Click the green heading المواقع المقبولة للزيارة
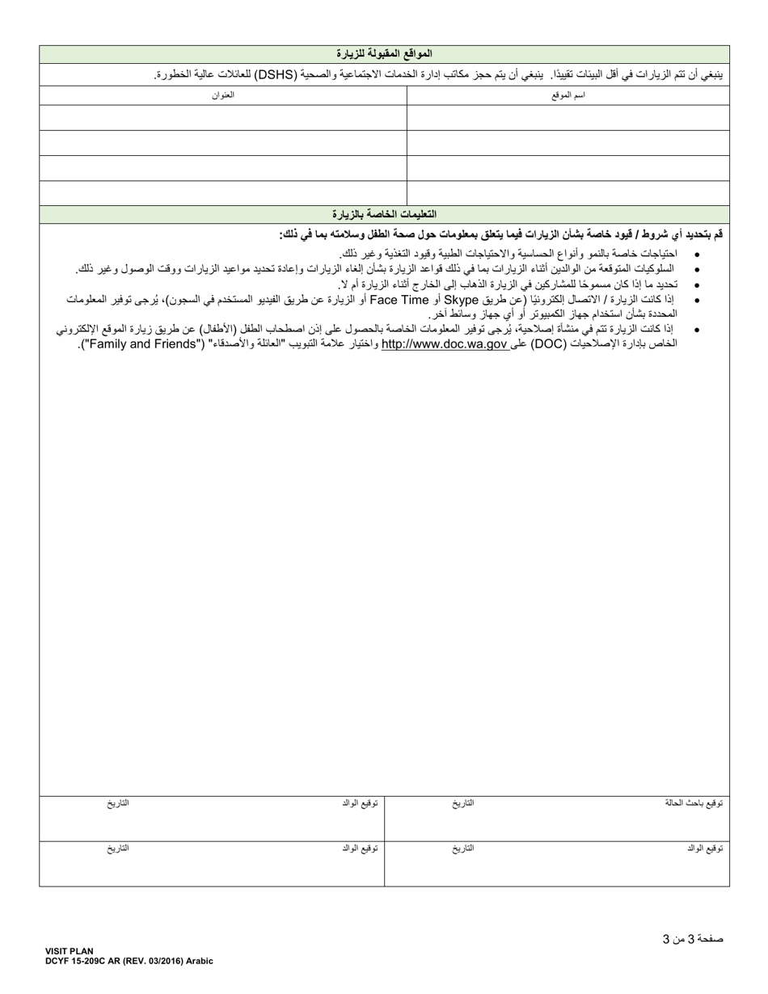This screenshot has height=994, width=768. pos(384,54)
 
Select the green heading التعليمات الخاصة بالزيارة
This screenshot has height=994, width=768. pos(384,214)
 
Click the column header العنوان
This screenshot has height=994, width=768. pos(223,95)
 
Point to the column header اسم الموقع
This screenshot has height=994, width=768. pos(568,95)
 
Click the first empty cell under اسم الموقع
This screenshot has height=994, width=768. pos(568,118)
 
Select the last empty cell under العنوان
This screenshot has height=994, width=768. pos(223,193)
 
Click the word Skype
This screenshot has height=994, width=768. pos(468,300)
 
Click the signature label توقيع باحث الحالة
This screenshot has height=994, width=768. pos(694,803)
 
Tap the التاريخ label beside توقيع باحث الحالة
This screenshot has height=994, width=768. pos(463,803)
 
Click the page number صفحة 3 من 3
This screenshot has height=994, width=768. pos(693,939)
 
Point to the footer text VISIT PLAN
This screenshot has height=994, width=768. pos(70,952)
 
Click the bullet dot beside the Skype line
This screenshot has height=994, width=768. pos(698,301)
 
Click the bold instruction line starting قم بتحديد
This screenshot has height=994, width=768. pos(501,234)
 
